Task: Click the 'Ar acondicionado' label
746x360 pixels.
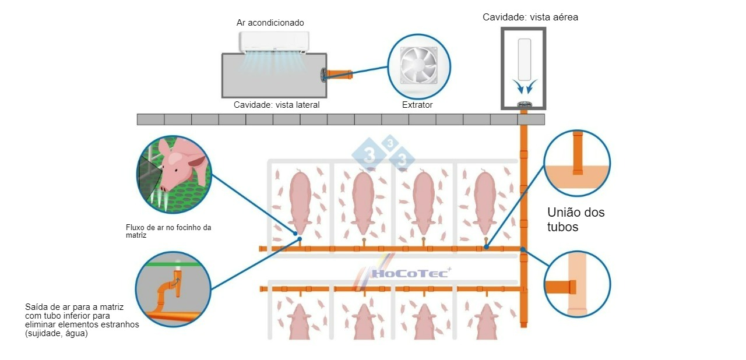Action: pos(270,23)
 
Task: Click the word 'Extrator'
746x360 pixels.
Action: pos(417,105)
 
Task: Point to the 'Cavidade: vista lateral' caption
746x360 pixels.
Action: pos(276,105)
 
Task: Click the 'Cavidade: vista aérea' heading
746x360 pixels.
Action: pos(530,17)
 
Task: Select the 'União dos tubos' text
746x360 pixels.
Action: pos(576,220)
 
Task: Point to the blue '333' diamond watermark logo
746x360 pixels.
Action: pos(383,153)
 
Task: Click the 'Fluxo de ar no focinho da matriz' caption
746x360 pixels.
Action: pos(168,231)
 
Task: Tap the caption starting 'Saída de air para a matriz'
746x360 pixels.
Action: pos(82,320)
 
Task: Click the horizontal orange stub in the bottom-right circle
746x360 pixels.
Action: pos(560,287)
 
